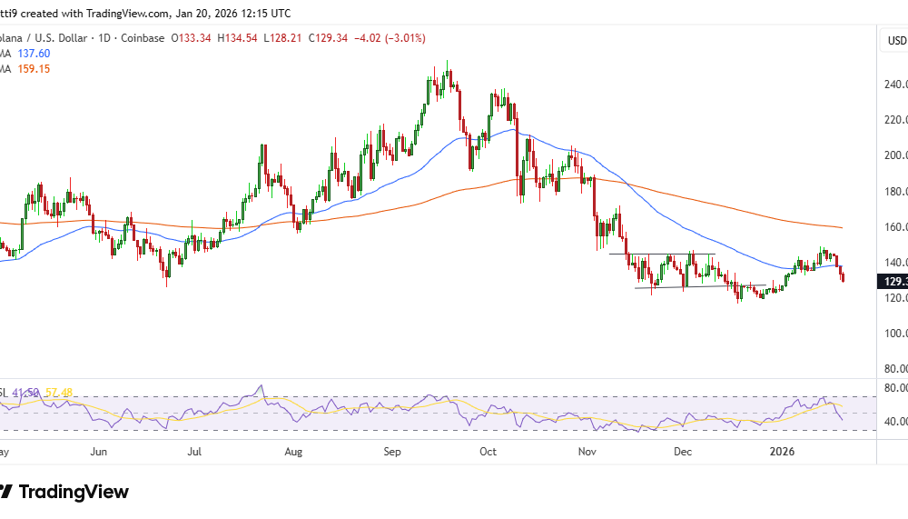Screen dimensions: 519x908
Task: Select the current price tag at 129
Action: point(893,282)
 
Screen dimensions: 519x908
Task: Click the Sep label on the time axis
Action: point(392,451)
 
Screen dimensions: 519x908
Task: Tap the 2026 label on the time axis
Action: point(782,451)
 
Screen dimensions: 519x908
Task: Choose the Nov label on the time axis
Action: point(587,451)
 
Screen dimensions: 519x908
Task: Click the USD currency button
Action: point(895,41)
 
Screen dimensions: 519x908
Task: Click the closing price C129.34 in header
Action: point(331,38)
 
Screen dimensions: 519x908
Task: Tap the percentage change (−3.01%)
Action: point(404,38)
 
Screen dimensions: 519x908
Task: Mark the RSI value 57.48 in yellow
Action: point(61,393)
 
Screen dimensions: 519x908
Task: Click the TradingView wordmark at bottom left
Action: point(74,493)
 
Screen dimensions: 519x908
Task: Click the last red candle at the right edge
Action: point(844,276)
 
